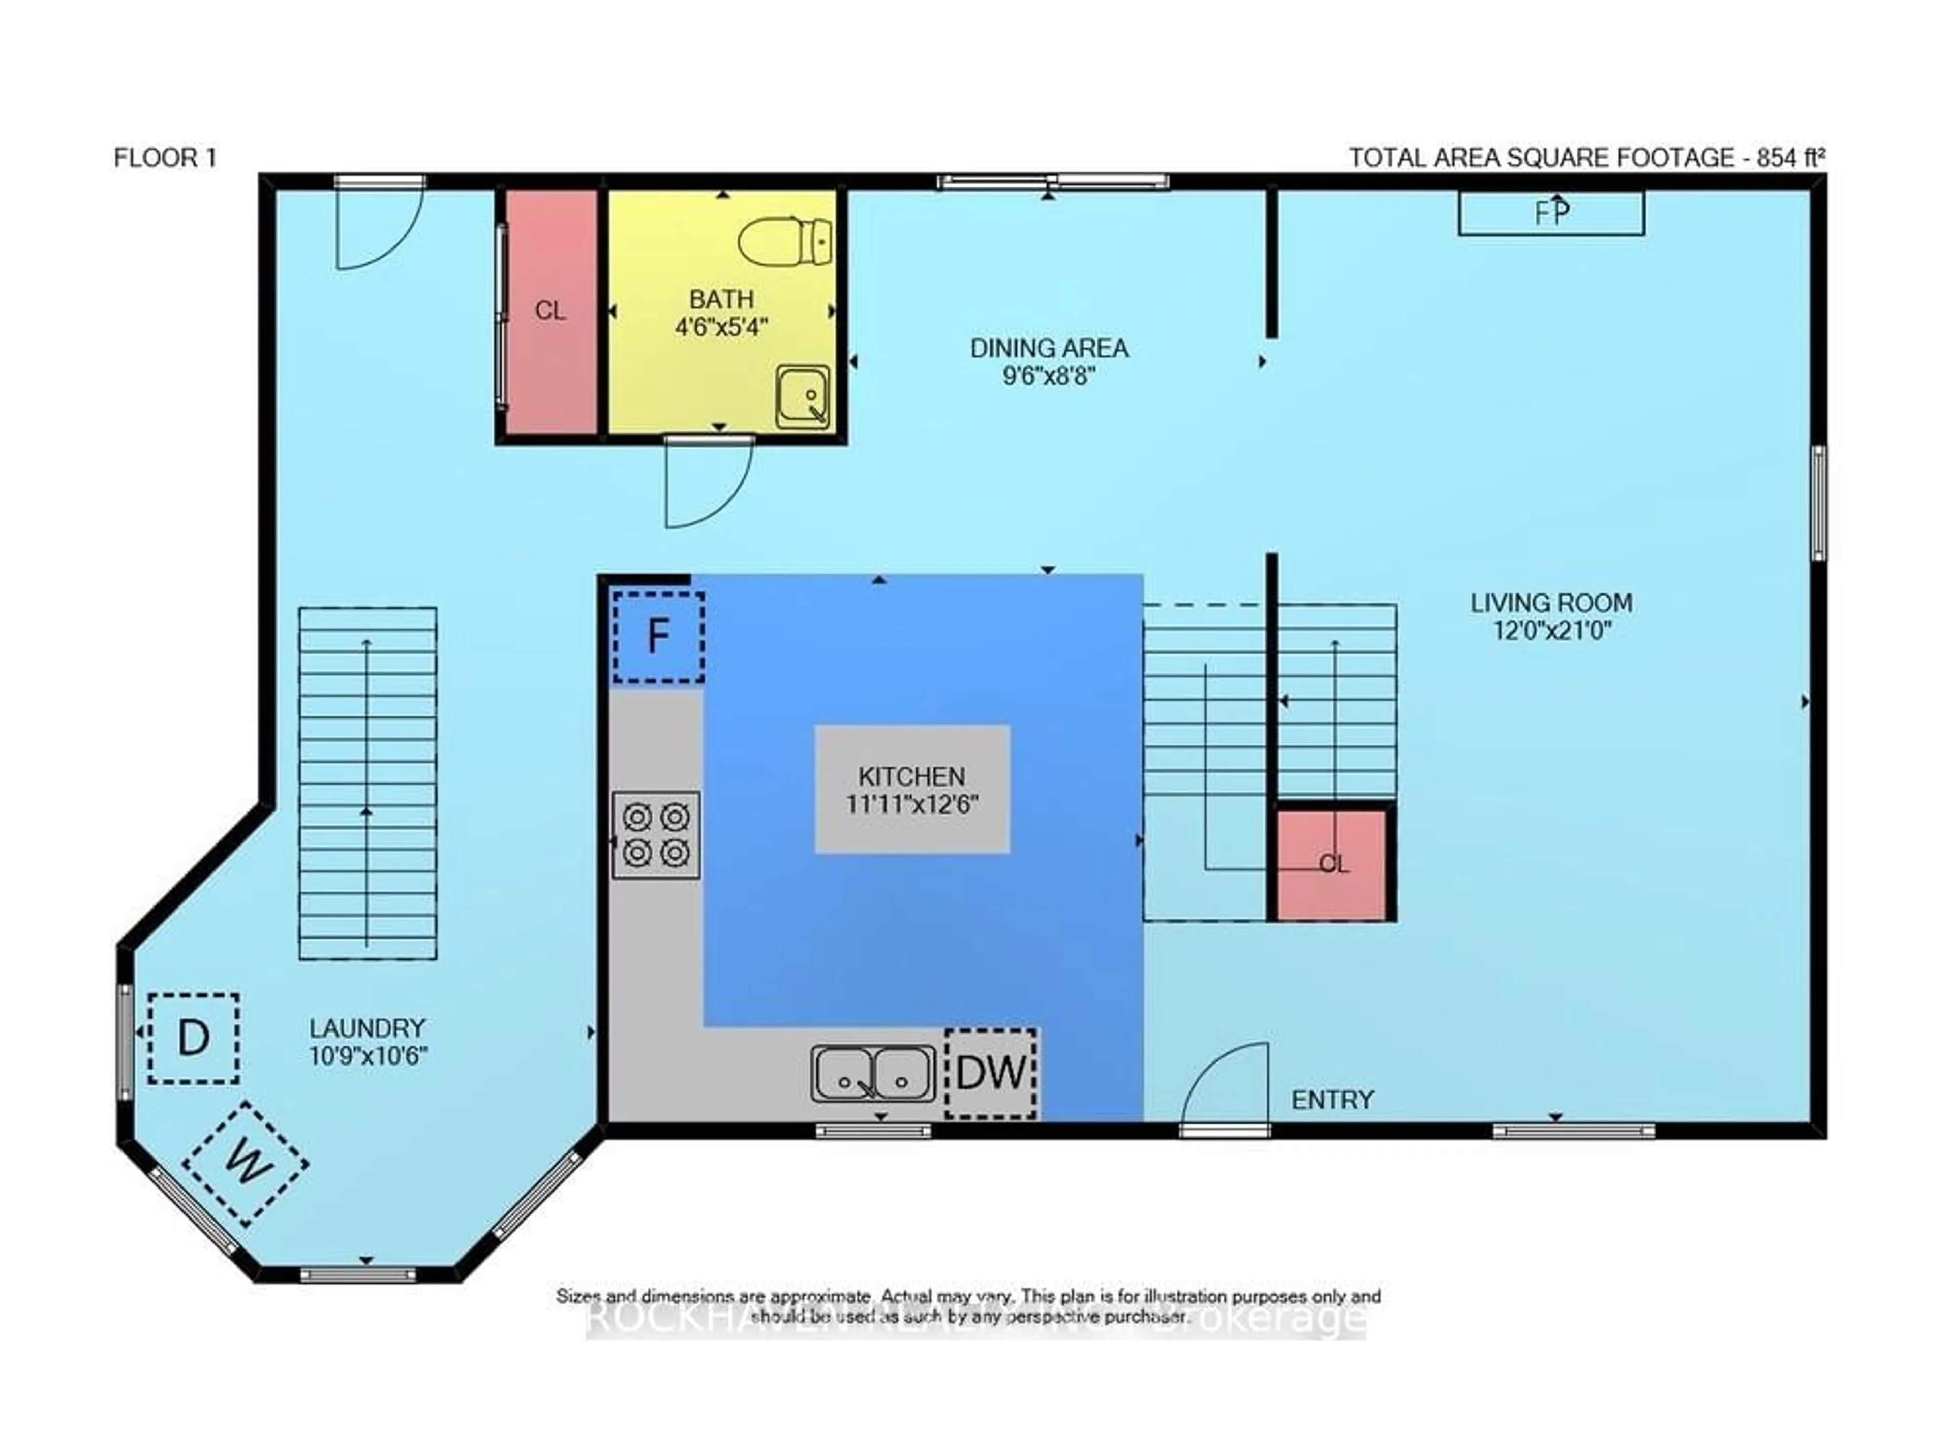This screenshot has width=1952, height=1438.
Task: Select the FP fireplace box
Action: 1550,213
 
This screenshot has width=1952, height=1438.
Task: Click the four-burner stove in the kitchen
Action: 656,834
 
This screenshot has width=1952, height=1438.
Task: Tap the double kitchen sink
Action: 872,1073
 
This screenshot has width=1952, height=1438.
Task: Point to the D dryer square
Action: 193,1039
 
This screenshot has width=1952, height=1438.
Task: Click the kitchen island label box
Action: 911,789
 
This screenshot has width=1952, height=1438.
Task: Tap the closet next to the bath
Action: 550,311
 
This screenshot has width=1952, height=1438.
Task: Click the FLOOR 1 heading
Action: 165,158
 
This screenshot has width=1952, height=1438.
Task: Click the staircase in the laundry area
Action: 368,784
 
